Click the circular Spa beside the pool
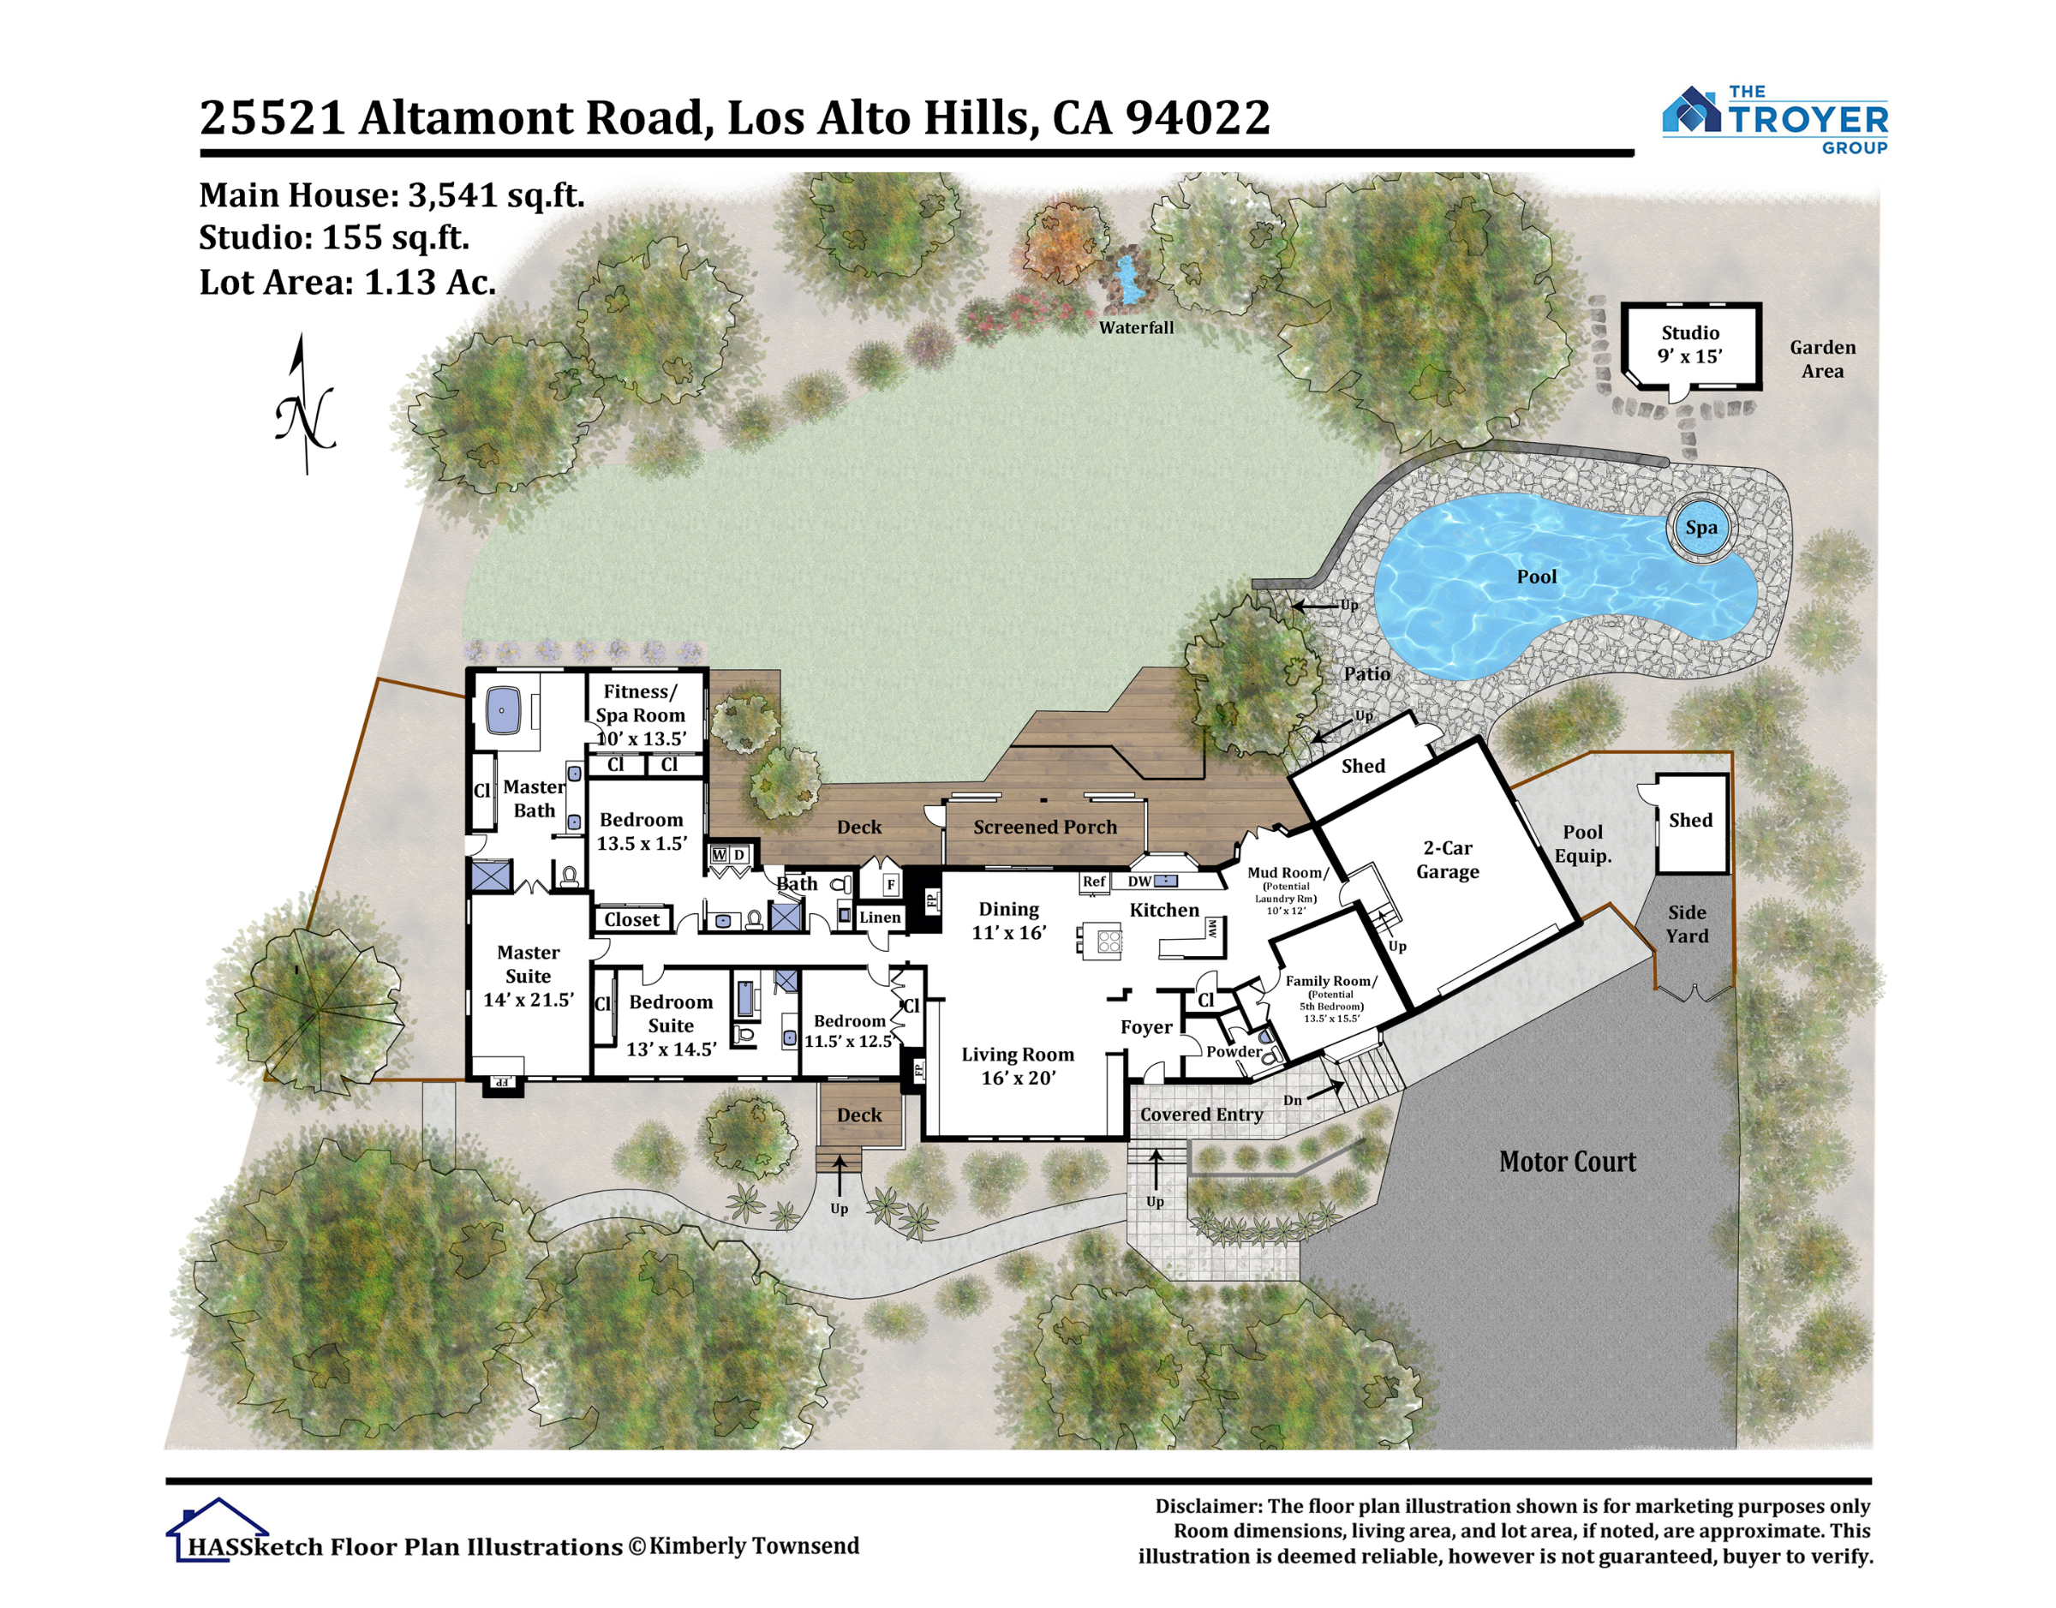click(1700, 527)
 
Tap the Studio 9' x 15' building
click(1691, 345)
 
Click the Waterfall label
click(1136, 327)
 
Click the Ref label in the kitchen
click(1094, 882)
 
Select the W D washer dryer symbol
click(729, 855)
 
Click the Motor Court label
click(1568, 1162)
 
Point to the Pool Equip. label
click(1582, 844)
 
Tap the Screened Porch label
click(1045, 827)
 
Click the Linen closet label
click(880, 917)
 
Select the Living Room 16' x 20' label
click(1018, 1066)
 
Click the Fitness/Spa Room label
click(640, 714)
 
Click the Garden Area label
click(1822, 359)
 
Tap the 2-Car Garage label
click(1448, 859)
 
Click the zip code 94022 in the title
click(1198, 117)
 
